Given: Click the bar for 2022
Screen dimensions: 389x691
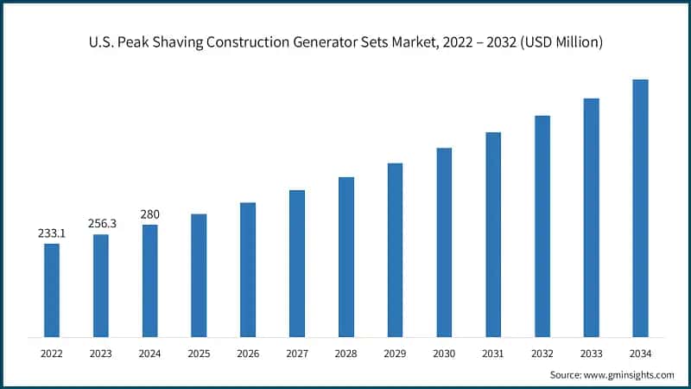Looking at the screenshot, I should click(x=52, y=290).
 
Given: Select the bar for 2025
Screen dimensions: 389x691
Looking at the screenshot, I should click(x=199, y=275).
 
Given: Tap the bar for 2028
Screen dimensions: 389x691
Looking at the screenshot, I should click(x=345, y=257).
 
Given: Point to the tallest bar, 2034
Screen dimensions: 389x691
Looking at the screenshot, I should click(x=640, y=207).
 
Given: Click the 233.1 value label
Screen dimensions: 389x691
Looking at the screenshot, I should click(x=52, y=233).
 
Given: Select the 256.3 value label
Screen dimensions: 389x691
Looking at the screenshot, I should click(x=101, y=224).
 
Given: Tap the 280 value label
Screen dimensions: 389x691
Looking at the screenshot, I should click(x=149, y=214).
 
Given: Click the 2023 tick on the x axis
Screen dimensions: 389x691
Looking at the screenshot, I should click(x=101, y=353).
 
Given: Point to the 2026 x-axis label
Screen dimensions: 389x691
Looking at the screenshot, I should click(x=248, y=353).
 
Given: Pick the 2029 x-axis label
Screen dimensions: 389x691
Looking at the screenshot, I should click(x=395, y=353).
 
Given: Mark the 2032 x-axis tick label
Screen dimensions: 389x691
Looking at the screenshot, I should click(x=542, y=353).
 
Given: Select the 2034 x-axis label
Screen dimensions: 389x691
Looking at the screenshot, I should click(x=640, y=353).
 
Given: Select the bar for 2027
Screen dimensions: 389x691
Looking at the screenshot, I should click(x=297, y=263).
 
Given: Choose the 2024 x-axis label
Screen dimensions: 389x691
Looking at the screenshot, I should click(x=149, y=353).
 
